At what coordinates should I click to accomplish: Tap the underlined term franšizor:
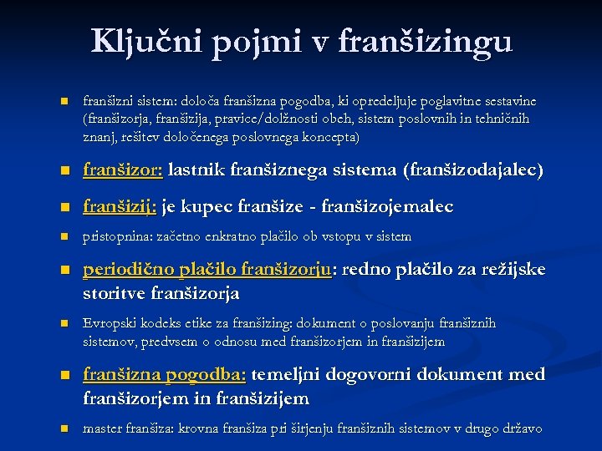point(123,170)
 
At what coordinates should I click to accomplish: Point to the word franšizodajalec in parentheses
point(473,171)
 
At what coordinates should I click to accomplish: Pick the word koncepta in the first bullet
point(330,137)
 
